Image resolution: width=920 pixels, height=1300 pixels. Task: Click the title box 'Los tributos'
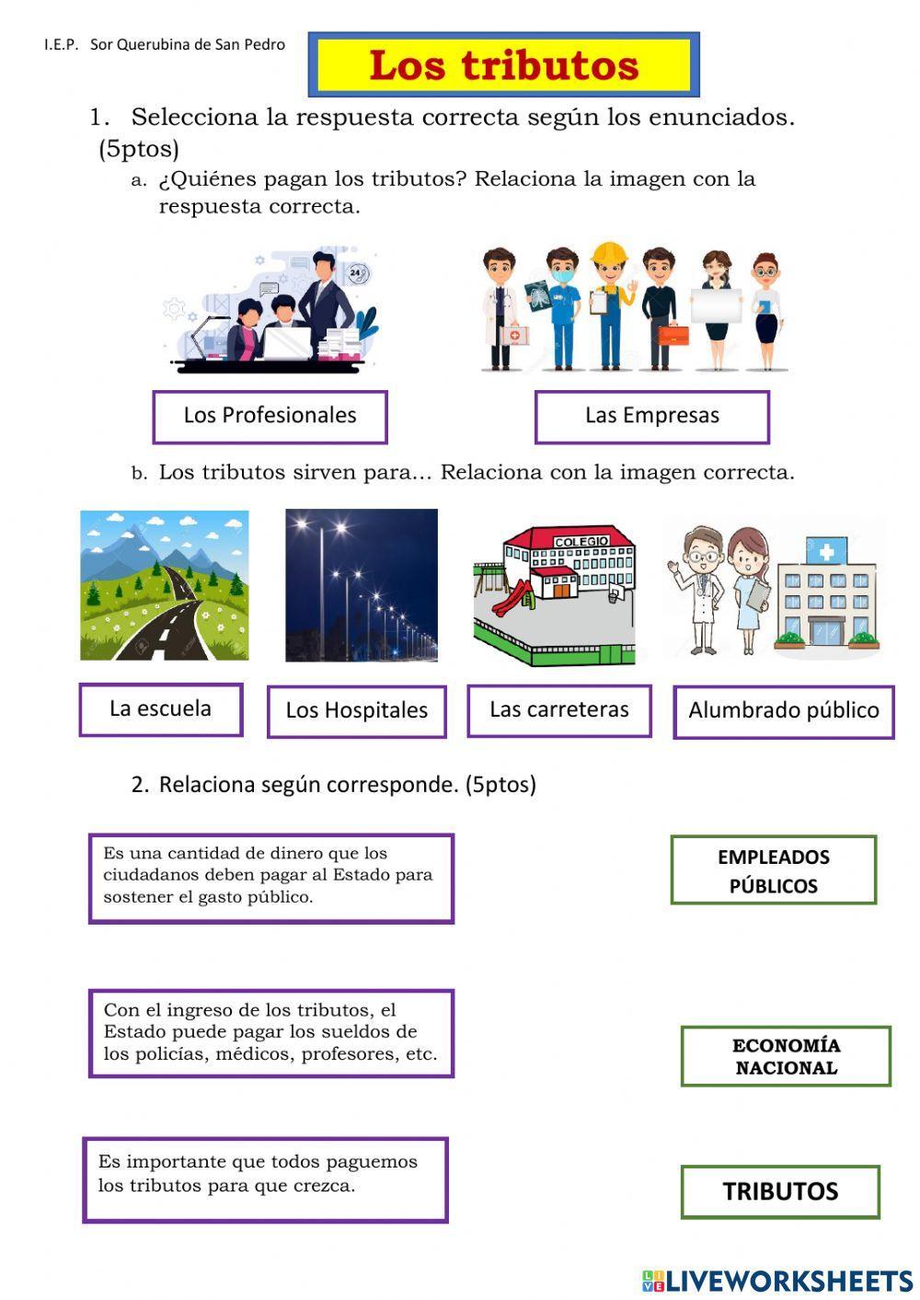point(503,65)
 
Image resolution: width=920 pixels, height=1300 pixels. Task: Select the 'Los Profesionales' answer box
point(270,416)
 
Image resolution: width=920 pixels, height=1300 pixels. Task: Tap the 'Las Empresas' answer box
point(651,416)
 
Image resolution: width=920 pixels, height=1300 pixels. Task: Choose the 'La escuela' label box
point(160,709)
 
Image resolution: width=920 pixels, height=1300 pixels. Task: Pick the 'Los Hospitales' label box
point(356,711)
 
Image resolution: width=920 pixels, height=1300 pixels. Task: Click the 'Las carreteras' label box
point(558,710)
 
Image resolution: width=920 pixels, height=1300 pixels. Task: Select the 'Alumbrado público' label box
point(783,711)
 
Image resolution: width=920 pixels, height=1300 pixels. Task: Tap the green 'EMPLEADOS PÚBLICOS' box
point(773,870)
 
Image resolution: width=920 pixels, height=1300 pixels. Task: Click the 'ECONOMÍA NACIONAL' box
point(786,1056)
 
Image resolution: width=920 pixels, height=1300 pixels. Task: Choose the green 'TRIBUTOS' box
point(780,1191)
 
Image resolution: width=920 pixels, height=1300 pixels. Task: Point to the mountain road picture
point(164,585)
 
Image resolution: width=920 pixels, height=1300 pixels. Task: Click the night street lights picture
point(362,585)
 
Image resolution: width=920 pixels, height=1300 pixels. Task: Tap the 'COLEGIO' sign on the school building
point(581,541)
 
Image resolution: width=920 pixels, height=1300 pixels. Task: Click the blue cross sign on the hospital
point(827,551)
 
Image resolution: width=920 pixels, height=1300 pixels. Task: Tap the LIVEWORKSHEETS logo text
point(788,1280)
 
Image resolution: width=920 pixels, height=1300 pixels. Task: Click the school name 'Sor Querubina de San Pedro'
point(188,44)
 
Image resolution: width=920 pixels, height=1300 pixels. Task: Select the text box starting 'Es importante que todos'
point(265,1179)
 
